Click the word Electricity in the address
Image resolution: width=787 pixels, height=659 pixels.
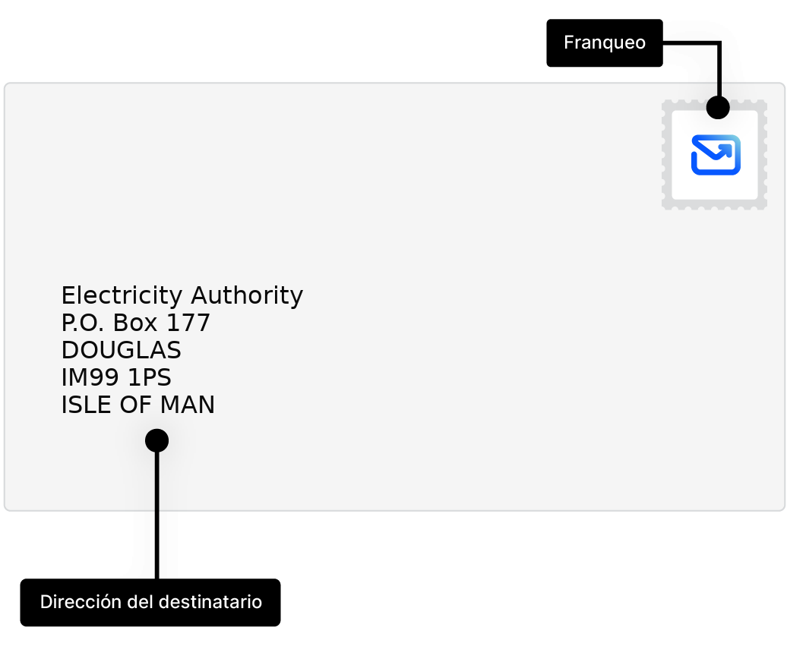pos(122,295)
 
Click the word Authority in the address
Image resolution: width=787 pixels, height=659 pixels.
pos(247,295)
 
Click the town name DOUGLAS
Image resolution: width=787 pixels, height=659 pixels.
pos(121,351)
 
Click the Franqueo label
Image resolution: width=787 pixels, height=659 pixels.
pos(605,43)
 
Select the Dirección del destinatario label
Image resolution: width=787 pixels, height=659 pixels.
pos(150,602)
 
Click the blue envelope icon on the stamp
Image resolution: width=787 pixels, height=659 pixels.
pos(716,155)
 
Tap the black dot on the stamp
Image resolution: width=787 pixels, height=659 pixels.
pos(718,107)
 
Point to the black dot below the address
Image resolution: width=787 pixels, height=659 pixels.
pos(156,440)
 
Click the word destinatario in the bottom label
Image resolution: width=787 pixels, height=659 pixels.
pos(211,602)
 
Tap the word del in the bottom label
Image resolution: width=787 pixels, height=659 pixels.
pos(142,602)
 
